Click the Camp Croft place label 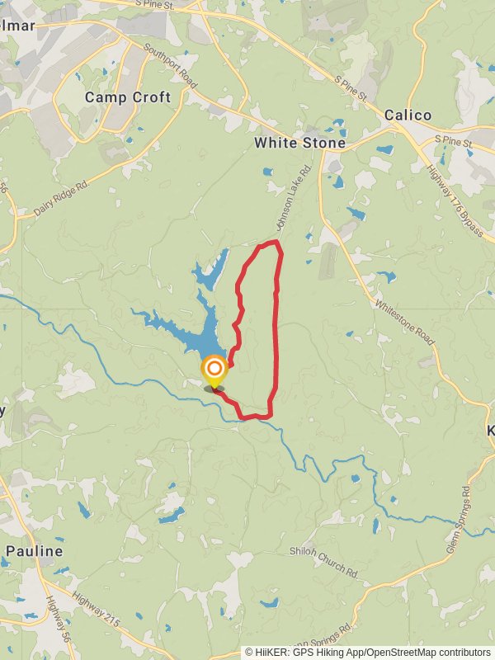pyautogui.click(x=128, y=97)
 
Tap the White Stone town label pyautogui.click(x=299, y=143)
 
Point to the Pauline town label pyautogui.click(x=34, y=550)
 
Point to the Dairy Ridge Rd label pyautogui.click(x=61, y=199)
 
